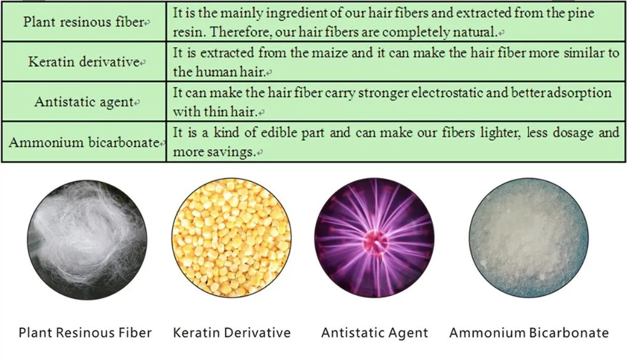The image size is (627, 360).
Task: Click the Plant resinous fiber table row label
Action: point(83,21)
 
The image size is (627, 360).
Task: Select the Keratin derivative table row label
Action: point(83,61)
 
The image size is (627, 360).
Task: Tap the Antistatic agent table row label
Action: point(83,102)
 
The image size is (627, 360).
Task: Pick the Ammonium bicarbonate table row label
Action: point(84,142)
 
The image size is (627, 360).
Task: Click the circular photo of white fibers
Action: point(87,240)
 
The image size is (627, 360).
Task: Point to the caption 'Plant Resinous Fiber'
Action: point(85,332)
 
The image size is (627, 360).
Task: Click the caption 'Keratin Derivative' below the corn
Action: point(231,332)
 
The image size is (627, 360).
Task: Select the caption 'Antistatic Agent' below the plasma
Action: point(375,332)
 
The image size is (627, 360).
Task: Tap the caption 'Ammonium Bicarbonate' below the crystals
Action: point(529,332)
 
